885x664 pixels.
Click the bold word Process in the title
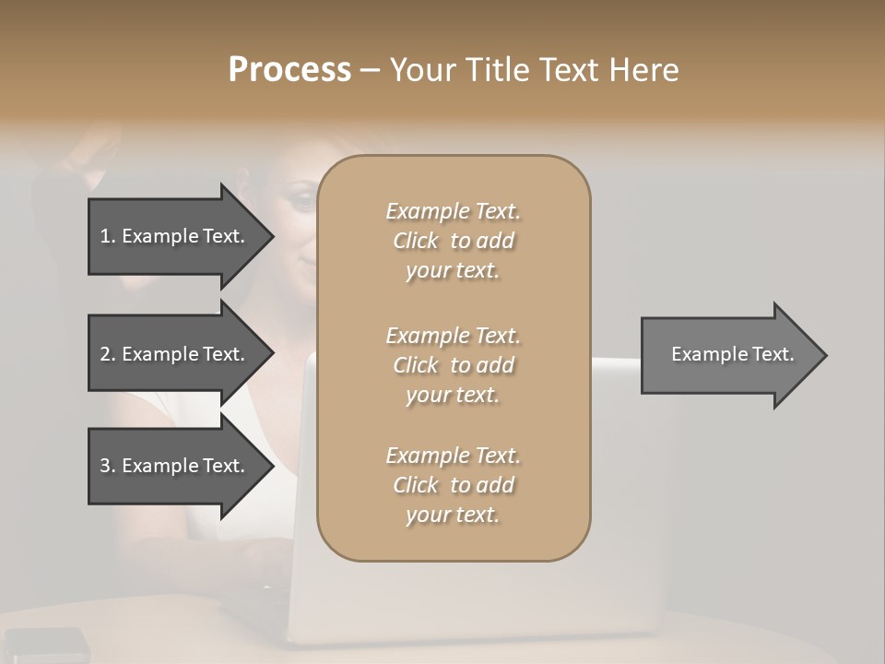[289, 70]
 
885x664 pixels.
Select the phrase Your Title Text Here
[534, 70]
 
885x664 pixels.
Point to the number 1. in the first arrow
[108, 236]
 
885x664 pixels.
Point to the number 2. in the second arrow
[108, 354]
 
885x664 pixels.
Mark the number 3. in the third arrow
[108, 466]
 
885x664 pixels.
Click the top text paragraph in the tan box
[453, 241]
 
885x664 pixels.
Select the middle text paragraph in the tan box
[453, 365]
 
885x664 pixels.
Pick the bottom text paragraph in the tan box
[453, 485]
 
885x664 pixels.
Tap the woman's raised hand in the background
[88, 152]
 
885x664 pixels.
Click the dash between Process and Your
[371, 70]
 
